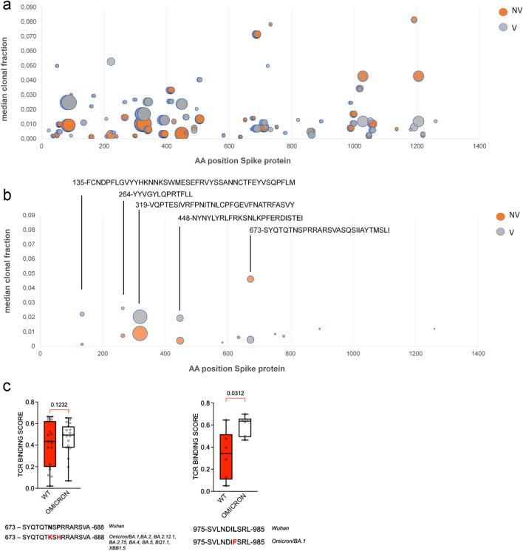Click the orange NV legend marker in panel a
[x=503, y=12]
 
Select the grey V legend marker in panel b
[x=501, y=232]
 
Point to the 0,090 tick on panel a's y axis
[x=28, y=7]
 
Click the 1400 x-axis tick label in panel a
[x=479, y=146]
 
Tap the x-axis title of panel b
[x=237, y=369]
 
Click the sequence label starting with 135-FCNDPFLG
[x=184, y=182]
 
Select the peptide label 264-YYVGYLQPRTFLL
[x=155, y=194]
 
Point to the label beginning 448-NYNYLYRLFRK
[x=240, y=218]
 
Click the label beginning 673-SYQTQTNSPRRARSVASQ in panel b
[x=320, y=230]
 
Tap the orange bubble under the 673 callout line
[x=250, y=279]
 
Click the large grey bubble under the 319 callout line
[x=140, y=317]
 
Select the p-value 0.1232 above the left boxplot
[x=59, y=405]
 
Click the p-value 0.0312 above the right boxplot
[x=235, y=393]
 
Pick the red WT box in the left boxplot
[x=50, y=444]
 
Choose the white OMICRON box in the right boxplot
[x=245, y=428]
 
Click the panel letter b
[x=7, y=195]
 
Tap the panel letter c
[x=7, y=386]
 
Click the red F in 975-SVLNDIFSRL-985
[x=235, y=542]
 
